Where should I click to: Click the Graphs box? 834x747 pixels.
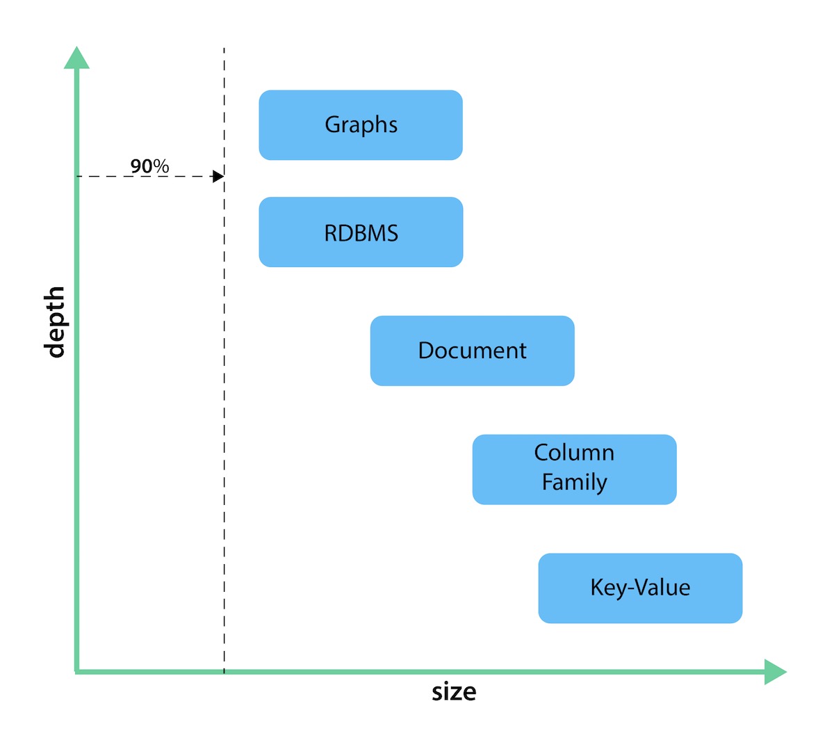coord(361,125)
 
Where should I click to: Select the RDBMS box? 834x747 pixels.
coord(361,232)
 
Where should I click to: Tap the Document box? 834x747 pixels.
coord(472,351)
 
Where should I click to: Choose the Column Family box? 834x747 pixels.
coord(574,469)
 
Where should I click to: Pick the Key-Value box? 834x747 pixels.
coord(640,588)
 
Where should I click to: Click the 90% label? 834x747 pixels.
coord(149,166)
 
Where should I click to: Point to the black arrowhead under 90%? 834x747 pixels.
coord(218,177)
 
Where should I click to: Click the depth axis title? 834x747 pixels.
coord(54,321)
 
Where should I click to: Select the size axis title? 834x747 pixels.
coord(454,692)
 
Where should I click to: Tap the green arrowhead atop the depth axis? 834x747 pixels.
coord(76,58)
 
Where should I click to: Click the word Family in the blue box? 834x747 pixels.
coord(574,482)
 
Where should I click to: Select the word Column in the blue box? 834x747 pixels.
coord(574,453)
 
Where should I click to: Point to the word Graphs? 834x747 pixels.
coord(361,124)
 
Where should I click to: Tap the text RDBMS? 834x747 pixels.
coord(361,233)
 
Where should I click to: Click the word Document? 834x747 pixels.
coord(472,351)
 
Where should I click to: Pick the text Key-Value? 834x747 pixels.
coord(640,588)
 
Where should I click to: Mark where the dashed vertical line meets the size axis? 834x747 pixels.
coord(224,672)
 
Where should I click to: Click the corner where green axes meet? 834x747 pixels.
coord(76,672)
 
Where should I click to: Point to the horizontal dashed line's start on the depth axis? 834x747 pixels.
coord(77,177)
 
